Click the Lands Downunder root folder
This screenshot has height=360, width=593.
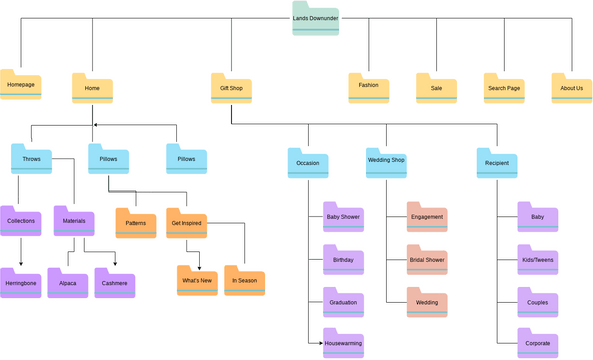pyautogui.click(x=316, y=18)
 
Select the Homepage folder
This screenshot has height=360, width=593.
pyautogui.click(x=21, y=86)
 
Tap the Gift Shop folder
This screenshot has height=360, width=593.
pyautogui.click(x=230, y=88)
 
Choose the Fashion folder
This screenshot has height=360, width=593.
pyautogui.click(x=368, y=88)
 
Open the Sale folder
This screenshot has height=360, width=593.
pyautogui.click(x=436, y=88)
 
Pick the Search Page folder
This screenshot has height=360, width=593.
pyautogui.click(x=504, y=88)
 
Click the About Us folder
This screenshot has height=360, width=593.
pyautogui.click(x=572, y=88)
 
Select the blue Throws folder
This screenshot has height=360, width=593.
pyautogui.click(x=31, y=160)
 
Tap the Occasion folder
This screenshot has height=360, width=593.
pyautogui.click(x=308, y=163)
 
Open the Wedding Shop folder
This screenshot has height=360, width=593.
pyautogui.click(x=386, y=162)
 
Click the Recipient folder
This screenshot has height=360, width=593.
pyautogui.click(x=496, y=163)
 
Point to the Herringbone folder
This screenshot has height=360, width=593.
pyautogui.click(x=21, y=284)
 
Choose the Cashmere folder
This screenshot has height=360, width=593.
pyautogui.click(x=115, y=284)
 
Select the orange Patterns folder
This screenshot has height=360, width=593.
pyautogui.click(x=135, y=223)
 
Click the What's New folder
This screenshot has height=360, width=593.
pyautogui.click(x=197, y=282)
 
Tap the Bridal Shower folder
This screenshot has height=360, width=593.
pyautogui.click(x=427, y=260)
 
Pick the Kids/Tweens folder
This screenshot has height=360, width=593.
pyautogui.click(x=537, y=260)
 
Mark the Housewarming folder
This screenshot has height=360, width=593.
pyautogui.click(x=343, y=344)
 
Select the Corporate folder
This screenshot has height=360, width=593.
pyautogui.click(x=537, y=343)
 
